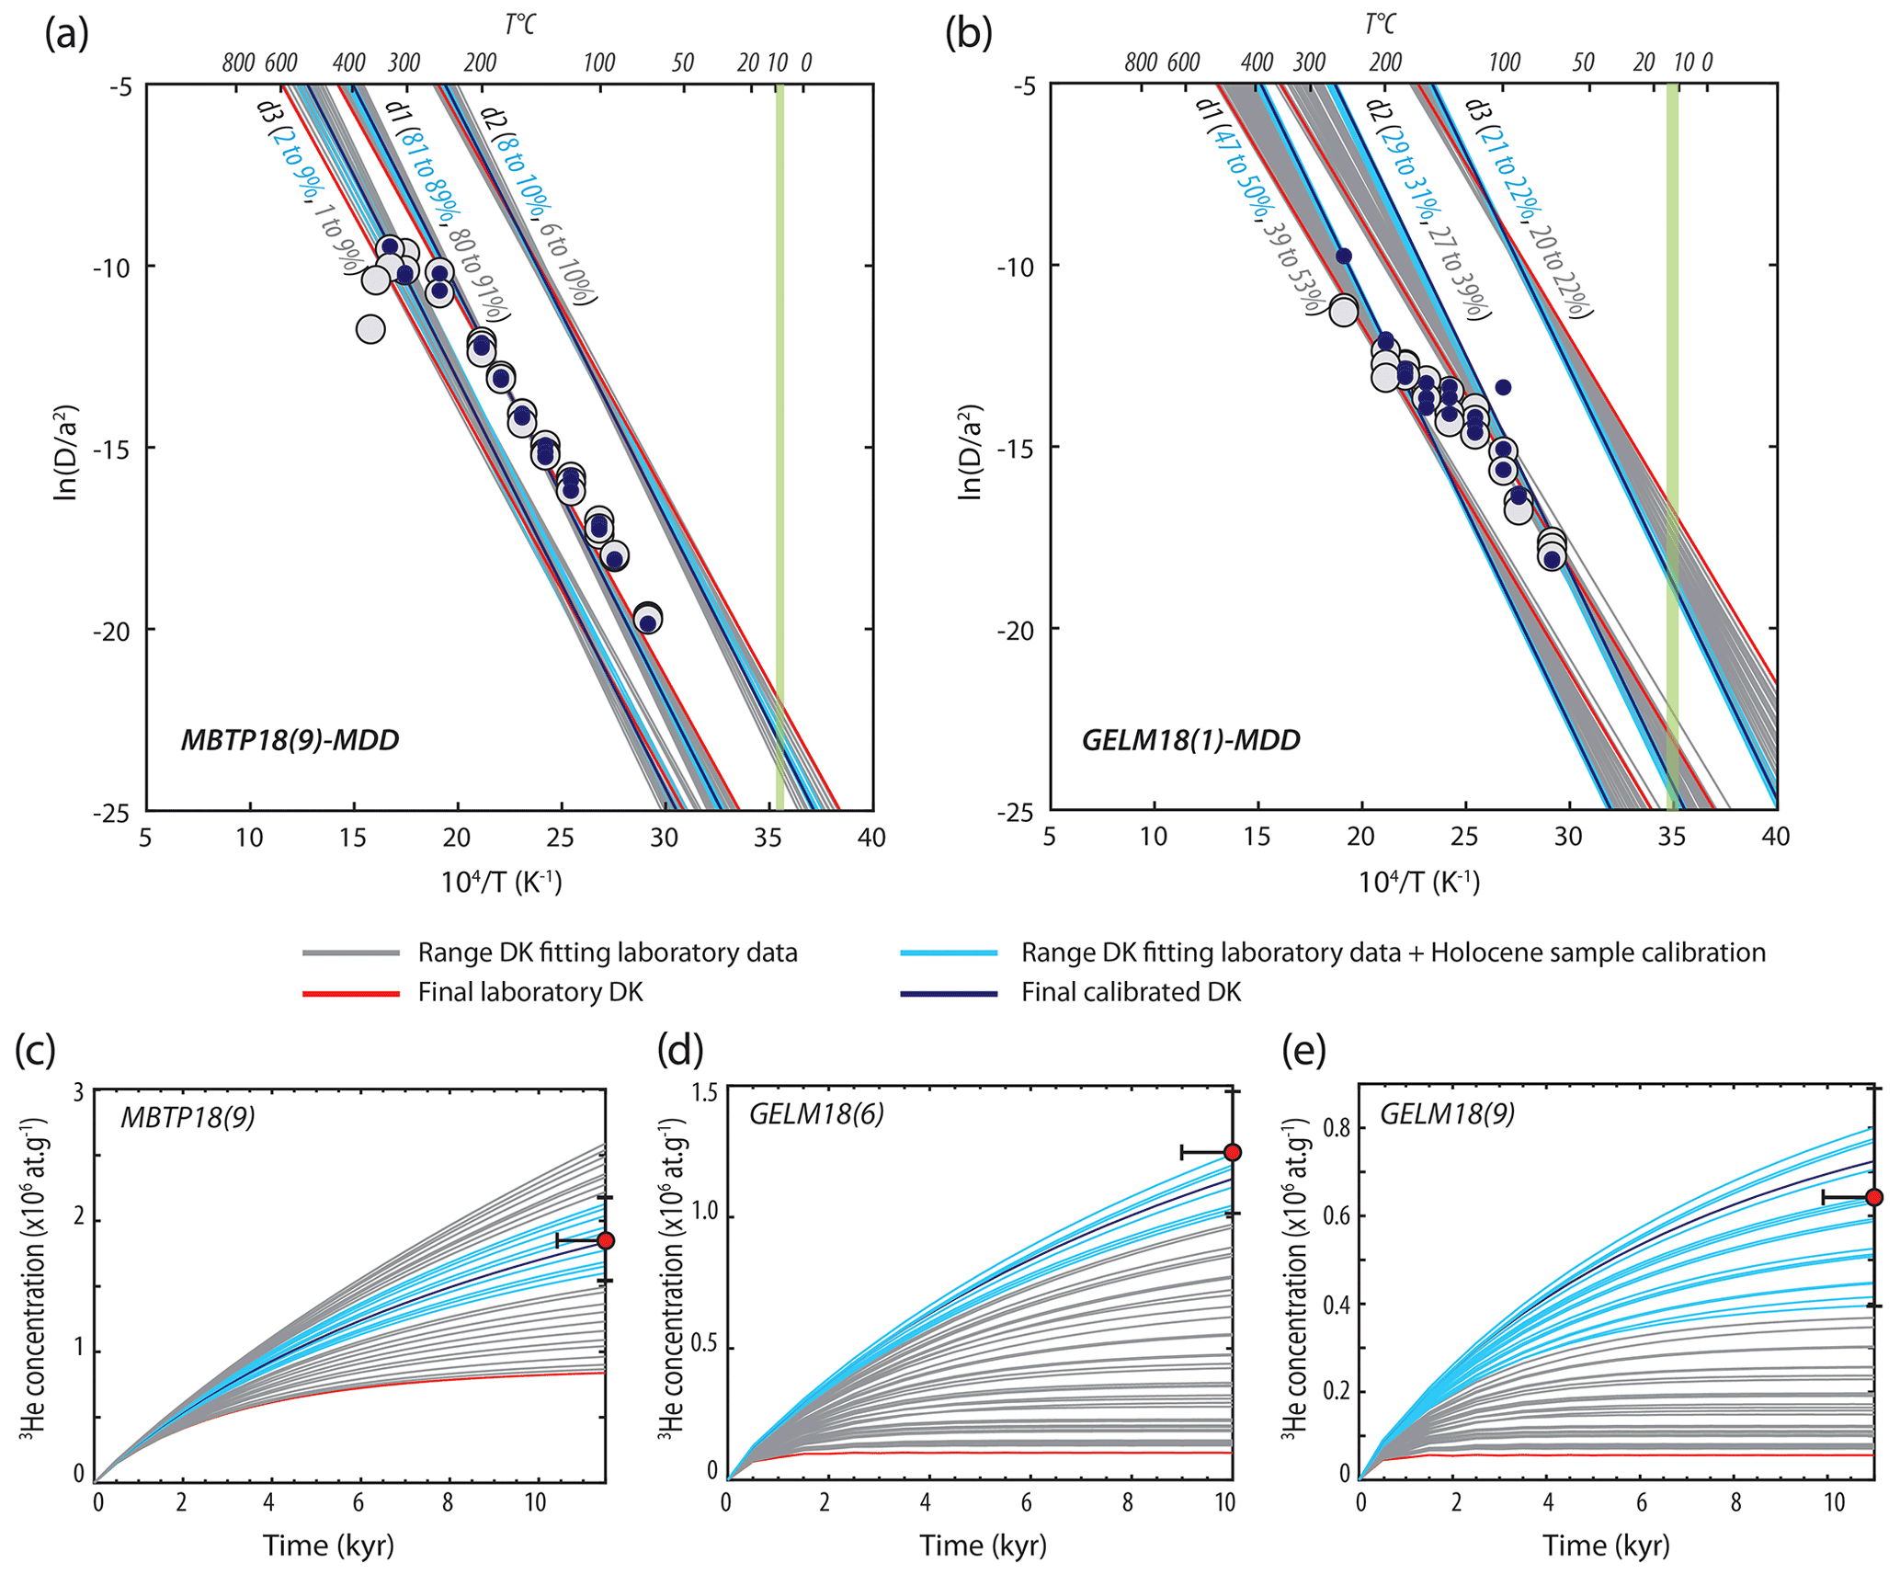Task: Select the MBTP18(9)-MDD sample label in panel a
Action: (290, 740)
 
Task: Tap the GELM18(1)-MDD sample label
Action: (1191, 740)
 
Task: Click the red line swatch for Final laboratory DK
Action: (350, 993)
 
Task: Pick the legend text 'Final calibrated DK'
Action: (1131, 993)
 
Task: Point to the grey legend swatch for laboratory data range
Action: (350, 953)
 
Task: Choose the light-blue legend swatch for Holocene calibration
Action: (950, 953)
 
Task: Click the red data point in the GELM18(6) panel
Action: (1233, 1153)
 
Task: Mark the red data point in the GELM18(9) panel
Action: (1874, 1197)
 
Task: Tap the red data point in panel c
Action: (605, 1240)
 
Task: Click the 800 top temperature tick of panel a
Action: (238, 63)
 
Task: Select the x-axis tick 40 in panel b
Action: (1776, 837)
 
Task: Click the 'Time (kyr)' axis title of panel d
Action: (983, 1545)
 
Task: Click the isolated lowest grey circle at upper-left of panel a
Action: (370, 329)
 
